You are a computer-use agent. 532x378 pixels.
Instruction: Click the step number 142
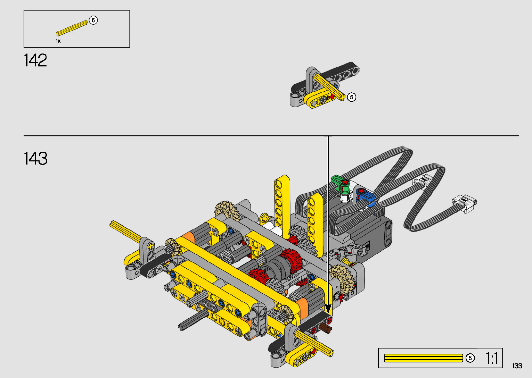pos(35,60)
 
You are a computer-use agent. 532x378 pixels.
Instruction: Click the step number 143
pos(36,158)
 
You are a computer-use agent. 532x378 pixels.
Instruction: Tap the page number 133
pos(517,366)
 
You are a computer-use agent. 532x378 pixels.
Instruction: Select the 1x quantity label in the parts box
pos(58,41)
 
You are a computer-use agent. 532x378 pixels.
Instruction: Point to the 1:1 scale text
pos(492,358)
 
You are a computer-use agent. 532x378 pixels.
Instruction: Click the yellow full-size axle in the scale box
pos(424,358)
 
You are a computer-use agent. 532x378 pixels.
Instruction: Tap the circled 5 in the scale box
pos(470,358)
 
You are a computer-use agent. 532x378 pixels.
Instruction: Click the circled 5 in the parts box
pos(93,20)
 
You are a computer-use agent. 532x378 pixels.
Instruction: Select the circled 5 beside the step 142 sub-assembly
pos(352,97)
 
